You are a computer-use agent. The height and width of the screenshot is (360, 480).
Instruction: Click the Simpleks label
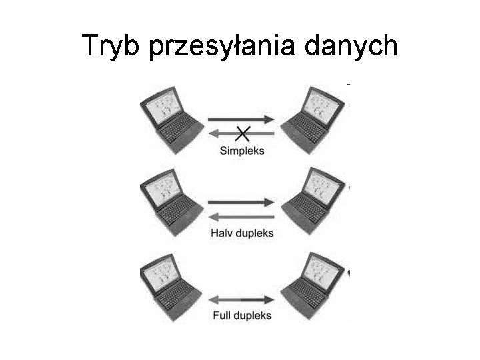242,151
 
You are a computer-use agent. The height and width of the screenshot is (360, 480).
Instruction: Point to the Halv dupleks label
241,233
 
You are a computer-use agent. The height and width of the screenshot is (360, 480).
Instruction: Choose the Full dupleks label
241,315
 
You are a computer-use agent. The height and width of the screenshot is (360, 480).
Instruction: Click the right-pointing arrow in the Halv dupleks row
242,201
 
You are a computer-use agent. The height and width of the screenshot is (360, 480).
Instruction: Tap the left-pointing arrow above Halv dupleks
242,215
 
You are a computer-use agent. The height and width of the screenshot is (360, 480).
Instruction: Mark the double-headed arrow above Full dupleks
242,297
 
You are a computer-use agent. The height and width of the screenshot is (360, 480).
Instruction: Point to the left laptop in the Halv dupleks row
169,200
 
